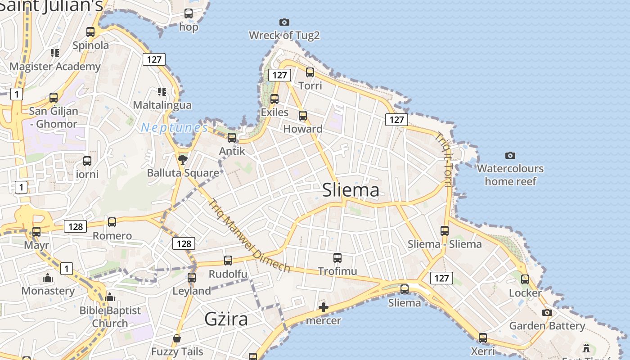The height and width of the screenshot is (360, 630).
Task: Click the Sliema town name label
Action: click(x=351, y=190)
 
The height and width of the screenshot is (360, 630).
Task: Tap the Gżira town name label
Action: click(x=226, y=319)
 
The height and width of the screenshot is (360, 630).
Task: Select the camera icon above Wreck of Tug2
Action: click(x=284, y=22)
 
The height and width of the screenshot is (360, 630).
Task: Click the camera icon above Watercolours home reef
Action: click(x=510, y=155)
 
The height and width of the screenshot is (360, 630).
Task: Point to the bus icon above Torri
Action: click(x=310, y=72)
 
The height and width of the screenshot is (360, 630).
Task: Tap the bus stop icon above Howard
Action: click(x=303, y=116)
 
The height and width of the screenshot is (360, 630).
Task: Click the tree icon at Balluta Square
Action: click(x=182, y=159)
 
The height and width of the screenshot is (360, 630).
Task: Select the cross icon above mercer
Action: click(x=323, y=308)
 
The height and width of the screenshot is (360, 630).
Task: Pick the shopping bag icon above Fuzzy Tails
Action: click(x=177, y=338)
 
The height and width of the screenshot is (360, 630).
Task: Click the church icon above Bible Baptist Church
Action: click(x=110, y=297)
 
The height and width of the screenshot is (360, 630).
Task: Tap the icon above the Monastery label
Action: click(x=48, y=278)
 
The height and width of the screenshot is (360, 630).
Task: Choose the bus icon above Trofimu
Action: click(x=337, y=258)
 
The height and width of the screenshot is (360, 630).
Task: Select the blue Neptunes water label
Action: click(x=175, y=128)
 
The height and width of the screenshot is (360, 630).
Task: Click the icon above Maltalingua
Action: click(x=162, y=92)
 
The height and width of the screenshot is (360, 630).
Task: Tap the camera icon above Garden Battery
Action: click(x=547, y=312)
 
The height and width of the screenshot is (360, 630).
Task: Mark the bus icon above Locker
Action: click(x=525, y=279)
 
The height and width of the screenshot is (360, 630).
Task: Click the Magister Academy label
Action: click(x=55, y=67)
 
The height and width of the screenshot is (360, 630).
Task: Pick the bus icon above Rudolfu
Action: click(x=228, y=261)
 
